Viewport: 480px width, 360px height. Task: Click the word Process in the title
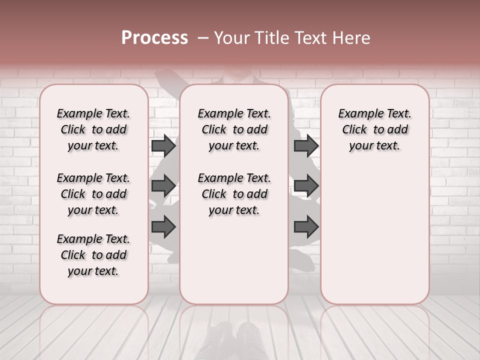click(x=154, y=38)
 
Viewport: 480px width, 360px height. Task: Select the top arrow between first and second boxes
click(x=163, y=146)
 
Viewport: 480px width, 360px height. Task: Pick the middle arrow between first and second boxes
click(x=163, y=186)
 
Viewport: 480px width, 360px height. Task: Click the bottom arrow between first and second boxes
click(x=163, y=226)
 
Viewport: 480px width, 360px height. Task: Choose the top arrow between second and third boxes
click(x=306, y=146)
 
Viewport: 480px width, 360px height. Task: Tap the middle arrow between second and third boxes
click(x=306, y=186)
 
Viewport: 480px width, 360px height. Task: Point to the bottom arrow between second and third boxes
click(x=306, y=226)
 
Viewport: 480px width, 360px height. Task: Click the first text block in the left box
click(x=93, y=129)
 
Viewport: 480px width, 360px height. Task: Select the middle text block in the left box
click(x=93, y=194)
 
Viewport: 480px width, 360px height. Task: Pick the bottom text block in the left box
click(x=93, y=255)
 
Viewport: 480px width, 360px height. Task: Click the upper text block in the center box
click(x=234, y=129)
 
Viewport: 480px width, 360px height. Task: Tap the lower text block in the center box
click(x=234, y=194)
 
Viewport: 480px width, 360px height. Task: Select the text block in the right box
click(x=375, y=129)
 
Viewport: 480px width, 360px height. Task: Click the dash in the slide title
click(x=202, y=38)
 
